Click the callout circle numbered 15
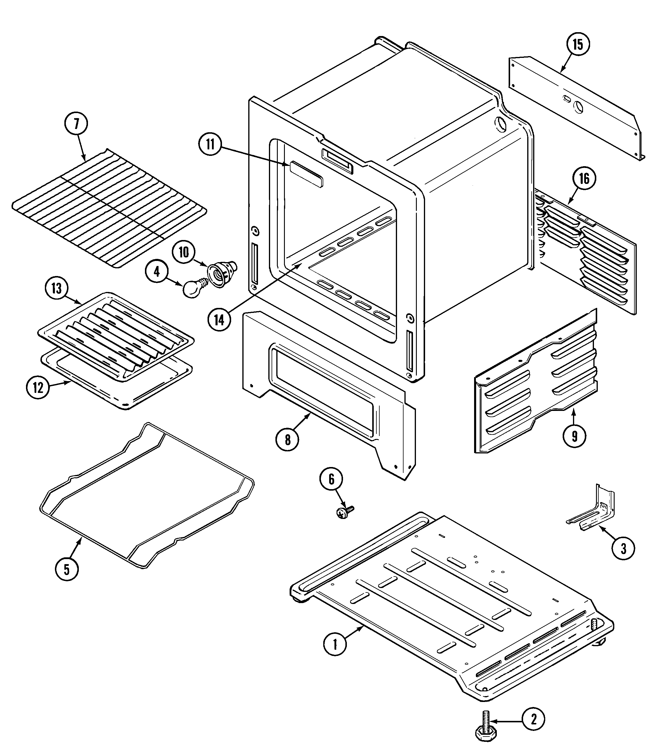pyautogui.click(x=578, y=45)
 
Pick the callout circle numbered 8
pyautogui.click(x=288, y=439)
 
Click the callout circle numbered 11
pyautogui.click(x=210, y=145)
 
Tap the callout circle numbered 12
pyautogui.click(x=38, y=388)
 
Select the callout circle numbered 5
pyautogui.click(x=66, y=569)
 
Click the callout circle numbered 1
pyautogui.click(x=334, y=644)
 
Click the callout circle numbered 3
pyautogui.click(x=623, y=548)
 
